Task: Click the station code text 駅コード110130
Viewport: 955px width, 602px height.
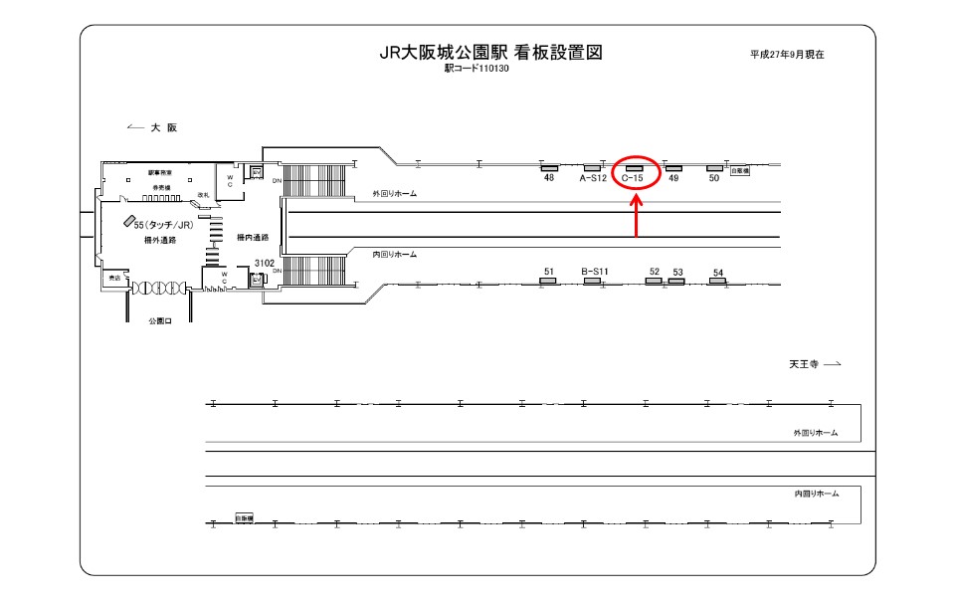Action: pyautogui.click(x=477, y=70)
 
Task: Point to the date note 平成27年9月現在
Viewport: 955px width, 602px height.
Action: pyautogui.click(x=787, y=55)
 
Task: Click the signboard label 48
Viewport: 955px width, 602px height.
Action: pyautogui.click(x=548, y=178)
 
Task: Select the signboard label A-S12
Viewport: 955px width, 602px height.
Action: pyautogui.click(x=593, y=178)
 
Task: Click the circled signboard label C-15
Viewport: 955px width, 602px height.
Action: pyautogui.click(x=634, y=178)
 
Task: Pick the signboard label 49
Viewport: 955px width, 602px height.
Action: pyautogui.click(x=673, y=178)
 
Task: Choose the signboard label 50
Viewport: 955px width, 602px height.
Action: pyautogui.click(x=713, y=178)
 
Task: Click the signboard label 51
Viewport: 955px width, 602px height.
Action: pyautogui.click(x=549, y=271)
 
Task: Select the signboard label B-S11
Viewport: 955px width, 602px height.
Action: pyautogui.click(x=594, y=271)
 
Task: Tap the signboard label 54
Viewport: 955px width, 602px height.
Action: pyautogui.click(x=717, y=272)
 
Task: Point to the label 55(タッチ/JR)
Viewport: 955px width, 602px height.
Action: pyautogui.click(x=166, y=226)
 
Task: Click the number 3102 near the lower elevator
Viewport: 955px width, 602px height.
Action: pyautogui.click(x=263, y=263)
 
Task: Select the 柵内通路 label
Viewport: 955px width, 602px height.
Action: pyautogui.click(x=254, y=237)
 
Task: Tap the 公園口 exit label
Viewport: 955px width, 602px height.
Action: pyautogui.click(x=160, y=321)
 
